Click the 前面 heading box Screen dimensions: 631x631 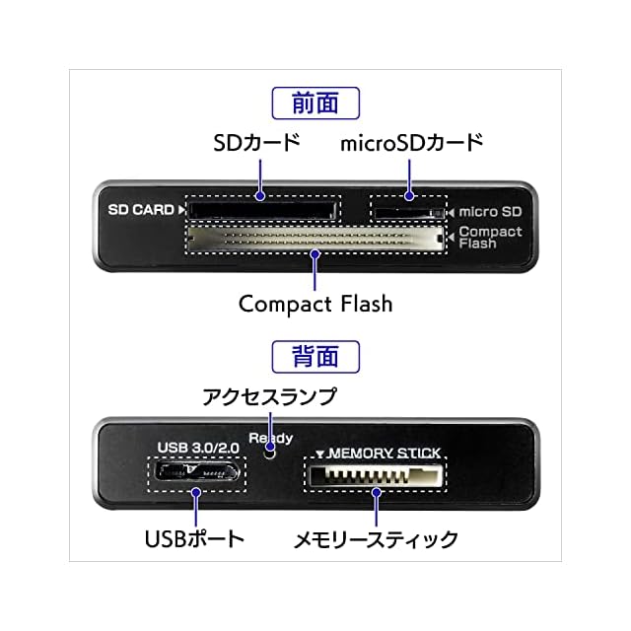coord(315,104)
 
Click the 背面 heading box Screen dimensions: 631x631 coord(315,355)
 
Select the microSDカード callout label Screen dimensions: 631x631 coord(412,143)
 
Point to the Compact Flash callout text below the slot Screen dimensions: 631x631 coord(315,303)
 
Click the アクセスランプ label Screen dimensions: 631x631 coord(269,397)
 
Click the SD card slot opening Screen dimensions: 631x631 coord(259,209)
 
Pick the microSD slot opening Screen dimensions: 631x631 coord(406,210)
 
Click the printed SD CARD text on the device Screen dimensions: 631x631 coord(142,209)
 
